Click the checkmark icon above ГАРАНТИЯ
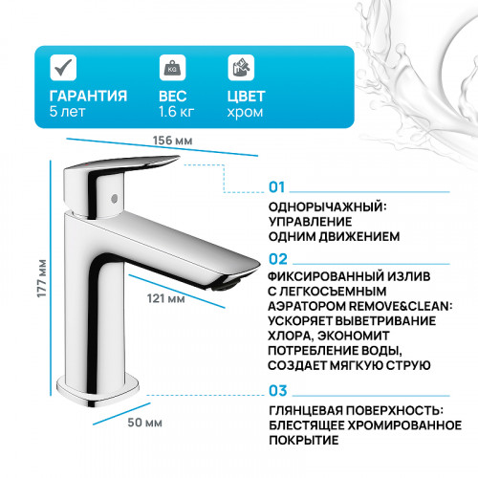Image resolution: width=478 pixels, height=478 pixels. coord(63,67)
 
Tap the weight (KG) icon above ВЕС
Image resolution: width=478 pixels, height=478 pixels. coord(172,67)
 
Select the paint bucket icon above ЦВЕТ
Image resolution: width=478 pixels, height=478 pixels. coord(240,67)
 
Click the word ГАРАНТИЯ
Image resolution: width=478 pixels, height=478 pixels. coord(88,96)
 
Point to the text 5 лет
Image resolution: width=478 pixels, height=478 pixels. coord(66,112)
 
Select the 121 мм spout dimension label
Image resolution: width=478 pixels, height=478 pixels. coord(169,300)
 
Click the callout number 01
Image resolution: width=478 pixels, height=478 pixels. coord(277,187)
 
